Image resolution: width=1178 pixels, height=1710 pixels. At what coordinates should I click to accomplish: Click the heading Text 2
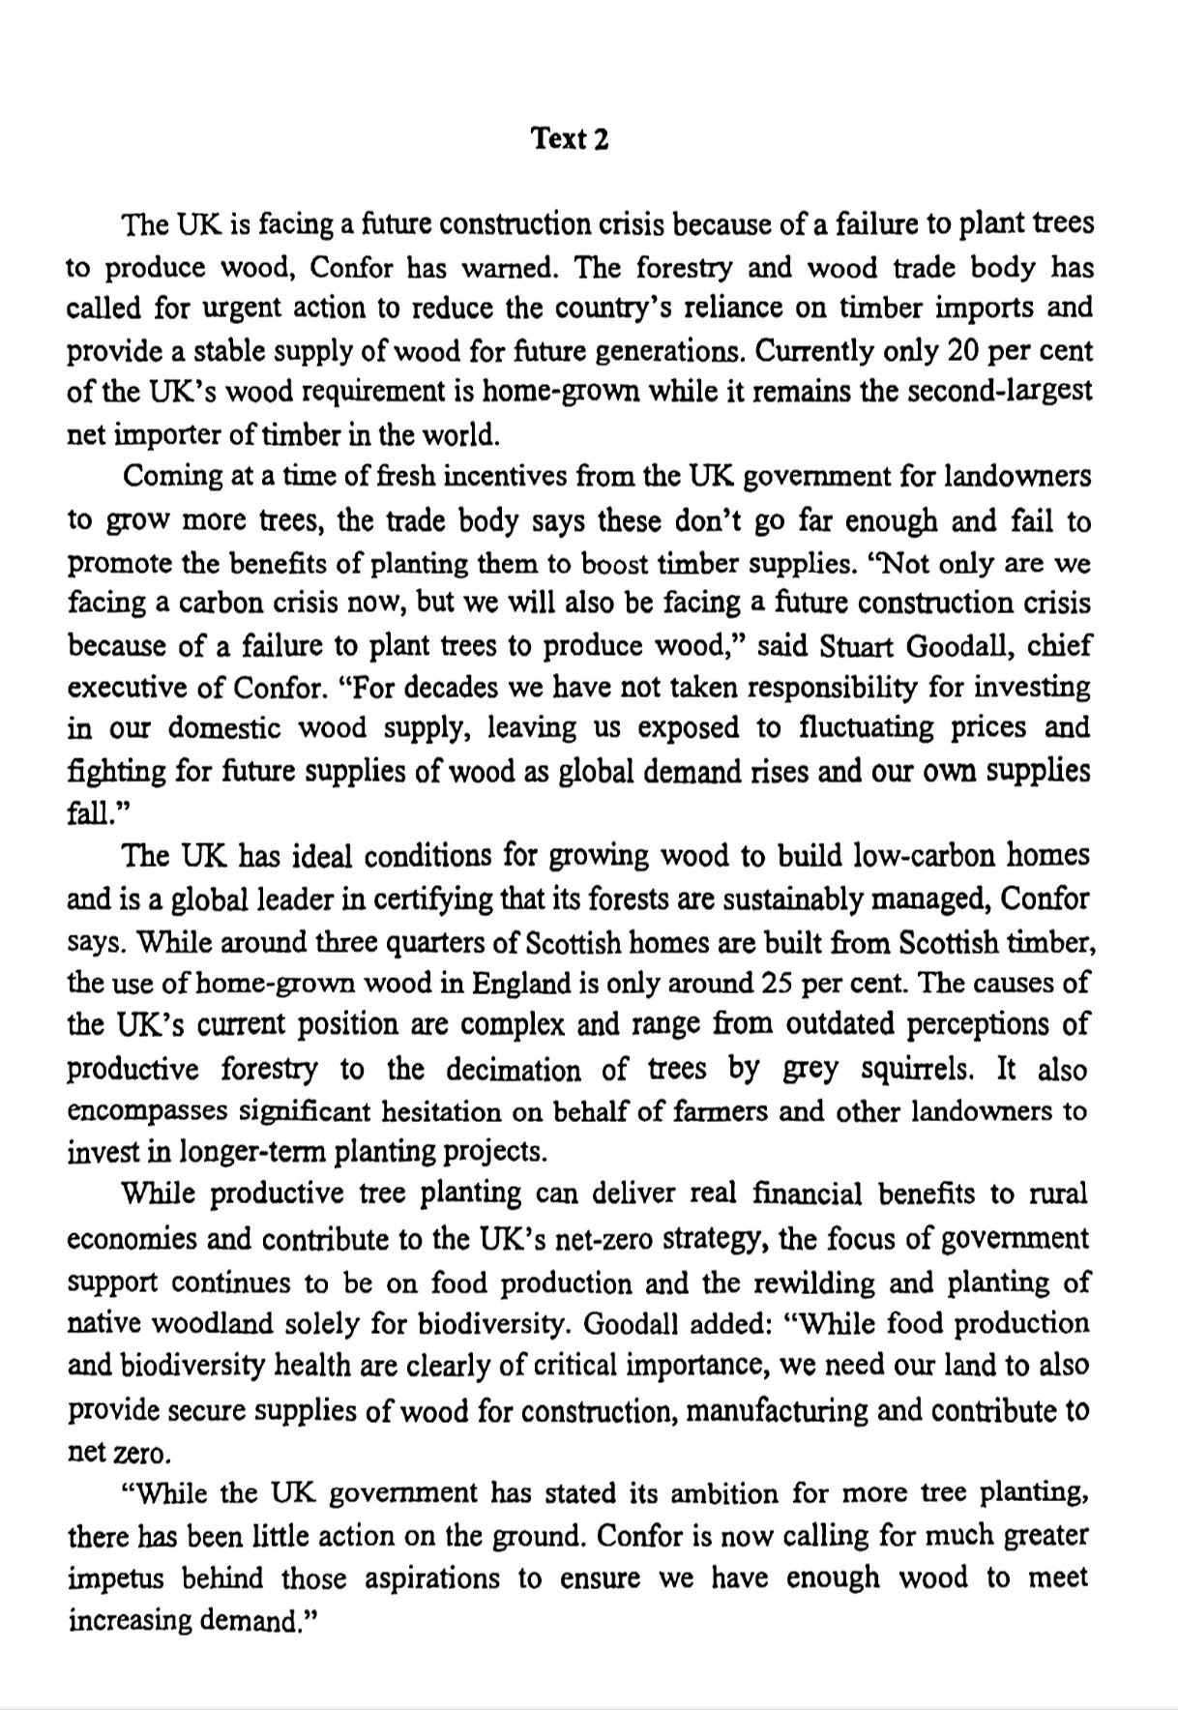pos(571,139)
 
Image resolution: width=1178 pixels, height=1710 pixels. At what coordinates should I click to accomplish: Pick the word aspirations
pos(434,1579)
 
